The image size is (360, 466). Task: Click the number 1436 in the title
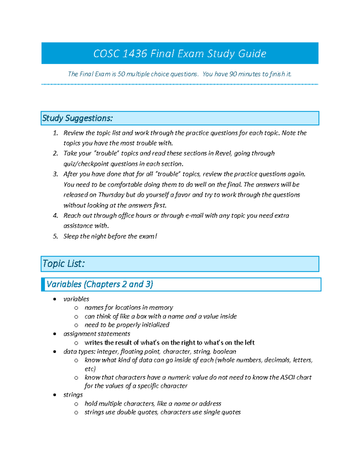tap(135, 54)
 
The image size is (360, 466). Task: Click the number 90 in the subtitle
tap(233, 74)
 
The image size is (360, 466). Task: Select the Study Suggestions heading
tap(77, 118)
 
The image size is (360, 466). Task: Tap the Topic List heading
tap(64, 264)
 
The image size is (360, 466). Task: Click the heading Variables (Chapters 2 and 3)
tap(100, 284)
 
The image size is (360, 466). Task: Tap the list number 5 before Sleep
tap(55, 236)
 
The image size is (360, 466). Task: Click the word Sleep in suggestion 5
tap(70, 236)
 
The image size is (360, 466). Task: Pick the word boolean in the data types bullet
tap(224, 351)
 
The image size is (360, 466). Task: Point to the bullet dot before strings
tap(55, 395)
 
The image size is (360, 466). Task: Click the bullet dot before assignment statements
tap(55, 334)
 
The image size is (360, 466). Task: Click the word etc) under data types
tap(90, 369)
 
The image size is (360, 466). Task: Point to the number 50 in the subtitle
tap(121, 74)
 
